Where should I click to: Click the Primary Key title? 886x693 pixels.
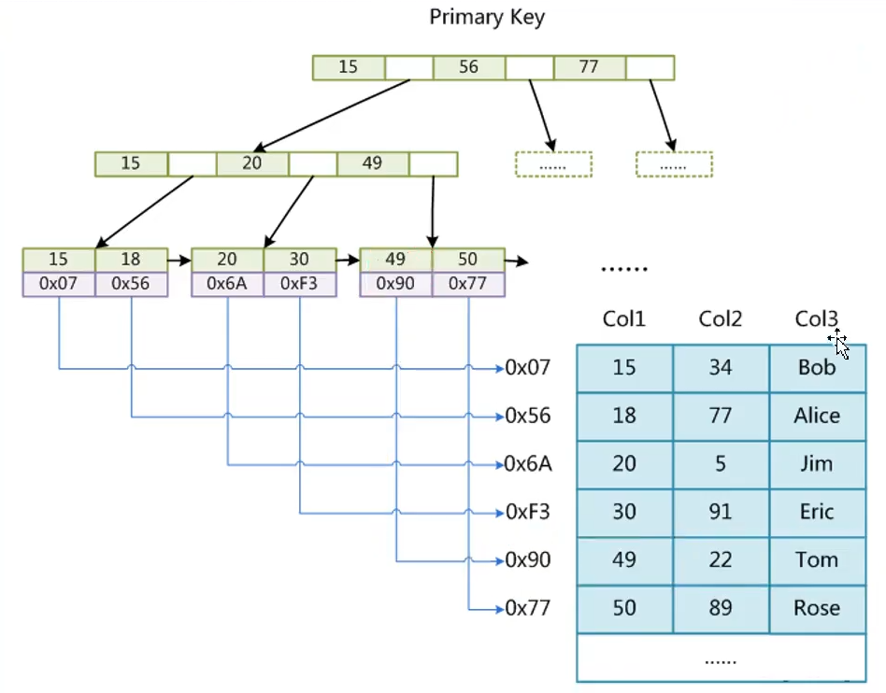click(486, 17)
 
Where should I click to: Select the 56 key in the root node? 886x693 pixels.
click(468, 67)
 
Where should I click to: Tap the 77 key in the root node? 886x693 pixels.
click(589, 67)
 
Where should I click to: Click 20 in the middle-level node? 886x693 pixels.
click(251, 163)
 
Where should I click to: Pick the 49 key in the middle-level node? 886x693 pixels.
click(372, 163)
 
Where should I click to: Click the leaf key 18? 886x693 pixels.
click(131, 259)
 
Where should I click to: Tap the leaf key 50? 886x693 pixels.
click(467, 259)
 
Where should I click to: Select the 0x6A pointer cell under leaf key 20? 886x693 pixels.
click(227, 283)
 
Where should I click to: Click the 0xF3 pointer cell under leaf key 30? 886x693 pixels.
click(299, 283)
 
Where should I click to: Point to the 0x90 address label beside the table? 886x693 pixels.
click(527, 560)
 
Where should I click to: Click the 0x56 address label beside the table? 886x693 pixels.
click(527, 417)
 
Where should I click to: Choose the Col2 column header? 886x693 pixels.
click(720, 319)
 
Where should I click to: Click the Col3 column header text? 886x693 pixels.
click(815, 319)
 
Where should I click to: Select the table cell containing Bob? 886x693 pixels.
click(817, 368)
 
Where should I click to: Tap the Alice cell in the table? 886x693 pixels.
click(817, 417)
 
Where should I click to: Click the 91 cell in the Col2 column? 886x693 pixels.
click(720, 512)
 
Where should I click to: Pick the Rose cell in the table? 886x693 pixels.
click(817, 609)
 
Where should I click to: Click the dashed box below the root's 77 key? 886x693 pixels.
click(674, 164)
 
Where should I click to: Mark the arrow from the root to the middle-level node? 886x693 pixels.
click(334, 115)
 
